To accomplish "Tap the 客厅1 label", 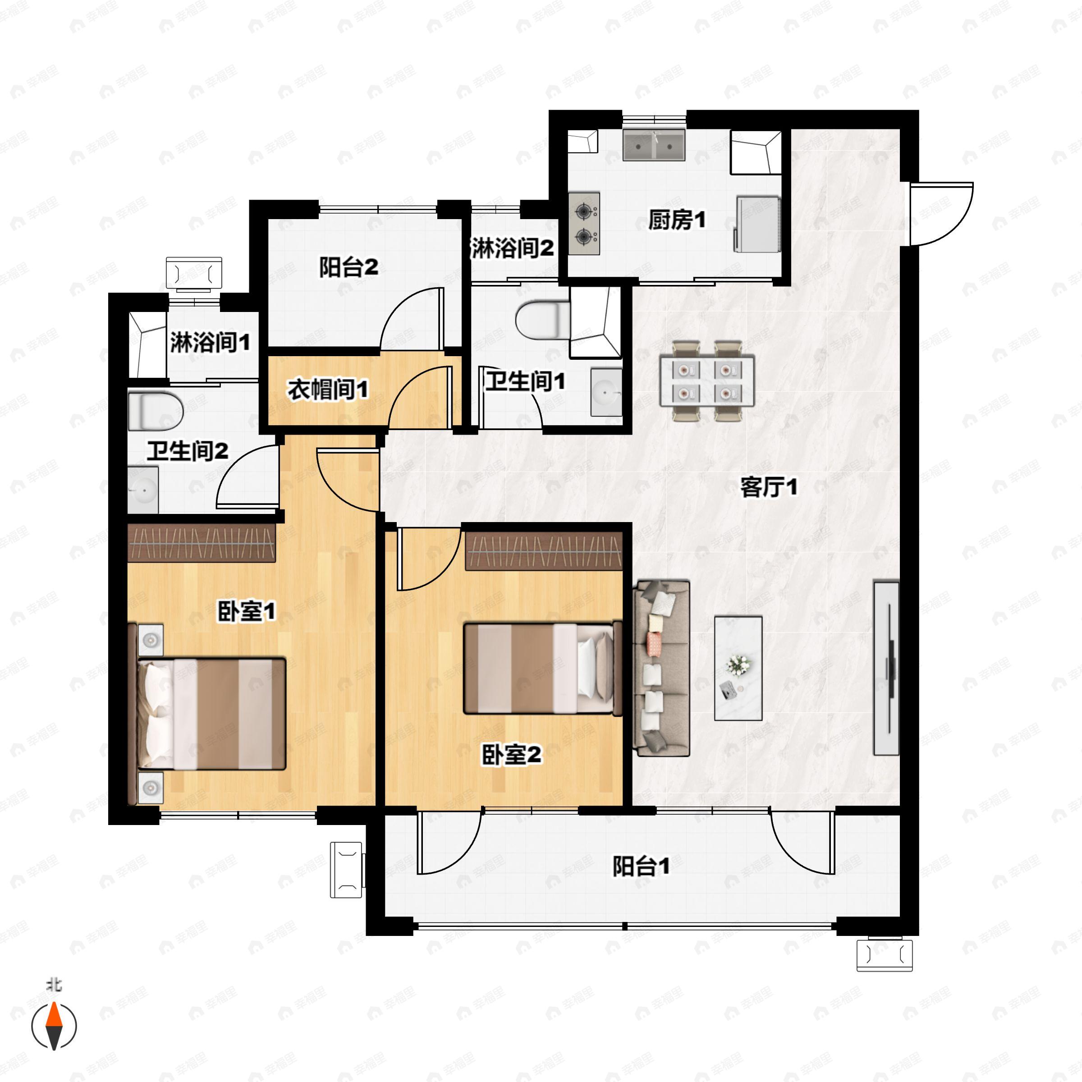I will pyautogui.click(x=768, y=487).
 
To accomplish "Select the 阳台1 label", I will pyautogui.click(x=641, y=867).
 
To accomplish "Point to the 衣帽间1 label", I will pyautogui.click(x=328, y=389).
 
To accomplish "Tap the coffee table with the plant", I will pyautogui.click(x=738, y=668).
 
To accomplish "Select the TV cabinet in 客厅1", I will pyautogui.click(x=886, y=668).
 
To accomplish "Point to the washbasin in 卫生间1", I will pyautogui.click(x=606, y=392).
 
